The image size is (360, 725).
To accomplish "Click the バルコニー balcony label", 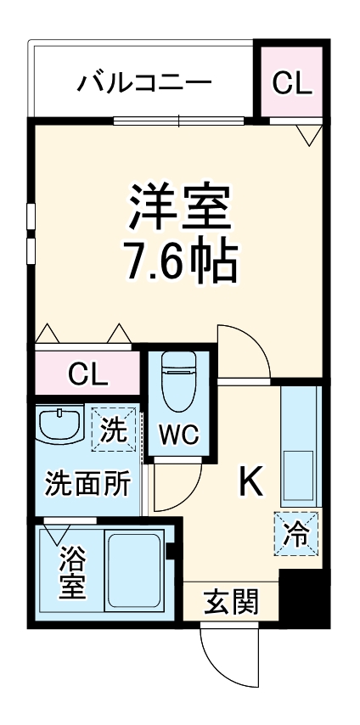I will point(144,83).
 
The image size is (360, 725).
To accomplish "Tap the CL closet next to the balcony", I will point(292,82).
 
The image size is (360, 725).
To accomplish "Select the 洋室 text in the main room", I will point(179,206).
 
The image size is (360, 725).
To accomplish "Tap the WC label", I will point(179,434).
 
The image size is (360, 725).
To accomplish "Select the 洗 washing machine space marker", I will point(114,428).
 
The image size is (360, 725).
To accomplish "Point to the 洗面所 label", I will point(87,484).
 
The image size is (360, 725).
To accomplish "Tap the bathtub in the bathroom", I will point(134,570).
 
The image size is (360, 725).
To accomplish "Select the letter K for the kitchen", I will point(250,482).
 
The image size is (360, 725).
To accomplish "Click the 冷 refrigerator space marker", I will point(296,533).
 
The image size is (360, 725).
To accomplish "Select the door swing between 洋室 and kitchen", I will point(241,352).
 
